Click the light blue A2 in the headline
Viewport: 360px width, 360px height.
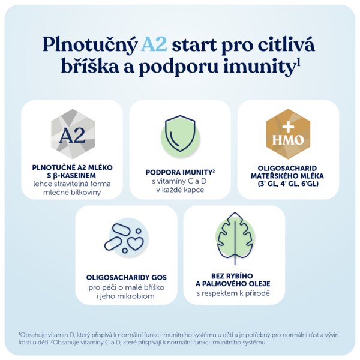(154, 44)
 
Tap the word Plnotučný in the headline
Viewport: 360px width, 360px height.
(90, 45)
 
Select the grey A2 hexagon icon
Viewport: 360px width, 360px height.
(73, 134)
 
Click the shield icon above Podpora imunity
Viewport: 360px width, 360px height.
(180, 133)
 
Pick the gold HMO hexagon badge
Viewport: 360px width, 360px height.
(288, 134)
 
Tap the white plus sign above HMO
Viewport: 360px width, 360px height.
(288, 127)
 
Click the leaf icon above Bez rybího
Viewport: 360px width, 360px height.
(235, 238)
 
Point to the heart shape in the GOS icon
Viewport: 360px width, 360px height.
(135, 244)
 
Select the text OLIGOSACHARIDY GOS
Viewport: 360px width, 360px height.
(126, 277)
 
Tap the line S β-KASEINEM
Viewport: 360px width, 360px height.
(71, 176)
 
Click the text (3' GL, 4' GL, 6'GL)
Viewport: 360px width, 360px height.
(288, 184)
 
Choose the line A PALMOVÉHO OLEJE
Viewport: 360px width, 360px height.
(233, 284)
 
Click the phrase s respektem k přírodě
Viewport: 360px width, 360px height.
(233, 293)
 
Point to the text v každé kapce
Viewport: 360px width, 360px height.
(180, 190)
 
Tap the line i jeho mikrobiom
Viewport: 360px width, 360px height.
(125, 296)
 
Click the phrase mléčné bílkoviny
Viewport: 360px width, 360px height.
(72, 192)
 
